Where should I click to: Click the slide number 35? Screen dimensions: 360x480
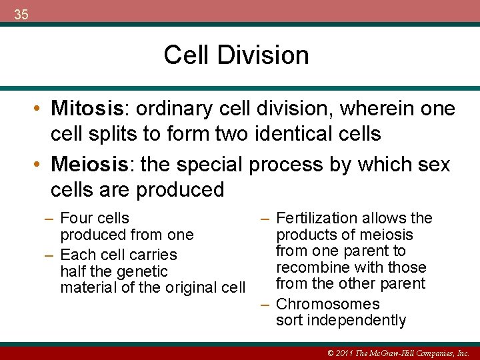pos(21,15)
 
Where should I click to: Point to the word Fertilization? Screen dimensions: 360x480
pos(317,218)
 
